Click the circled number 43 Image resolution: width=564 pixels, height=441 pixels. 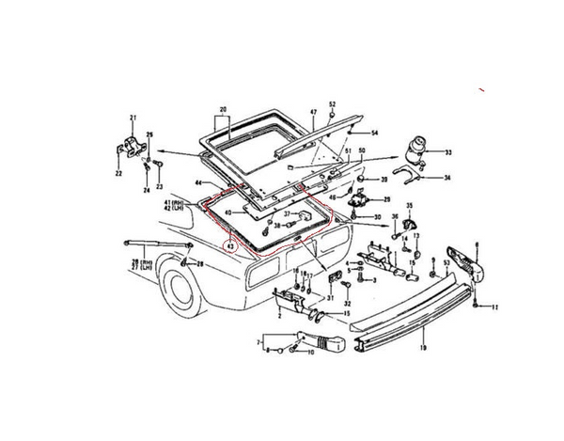point(228,246)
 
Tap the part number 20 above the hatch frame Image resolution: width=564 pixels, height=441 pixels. point(223,110)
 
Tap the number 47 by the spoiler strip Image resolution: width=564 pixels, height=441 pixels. point(313,112)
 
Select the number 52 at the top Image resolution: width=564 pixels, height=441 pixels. point(332,102)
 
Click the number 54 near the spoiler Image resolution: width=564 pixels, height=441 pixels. point(374,133)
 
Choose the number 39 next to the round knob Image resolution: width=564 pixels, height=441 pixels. point(384,179)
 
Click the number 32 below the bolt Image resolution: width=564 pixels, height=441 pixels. point(347,304)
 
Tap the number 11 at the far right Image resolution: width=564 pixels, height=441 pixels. point(496,307)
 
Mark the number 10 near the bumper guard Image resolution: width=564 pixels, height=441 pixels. point(310,354)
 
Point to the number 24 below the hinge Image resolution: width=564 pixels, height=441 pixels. point(147,190)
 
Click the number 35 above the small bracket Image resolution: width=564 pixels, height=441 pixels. point(409,206)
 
